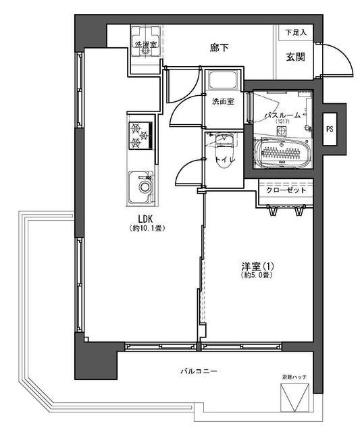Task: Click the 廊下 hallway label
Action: pos(219,48)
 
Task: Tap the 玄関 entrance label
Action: pos(296,57)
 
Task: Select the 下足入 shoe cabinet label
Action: pos(296,32)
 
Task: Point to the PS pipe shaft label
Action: pos(330,129)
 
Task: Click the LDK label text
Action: pos(145,219)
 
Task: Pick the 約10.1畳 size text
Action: pos(147,228)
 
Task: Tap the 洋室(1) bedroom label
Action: pos(257,267)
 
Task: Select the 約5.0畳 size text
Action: pos(257,275)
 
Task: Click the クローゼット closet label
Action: pos(286,190)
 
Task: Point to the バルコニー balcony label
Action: pos(199,371)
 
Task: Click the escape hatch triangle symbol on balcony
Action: pos(294,398)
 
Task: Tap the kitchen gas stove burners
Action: pos(140,135)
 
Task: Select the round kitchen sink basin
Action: pos(145,187)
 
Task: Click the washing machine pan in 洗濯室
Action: pos(146,41)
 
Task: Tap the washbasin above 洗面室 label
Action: pos(222,80)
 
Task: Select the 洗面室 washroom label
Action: pos(223,101)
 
